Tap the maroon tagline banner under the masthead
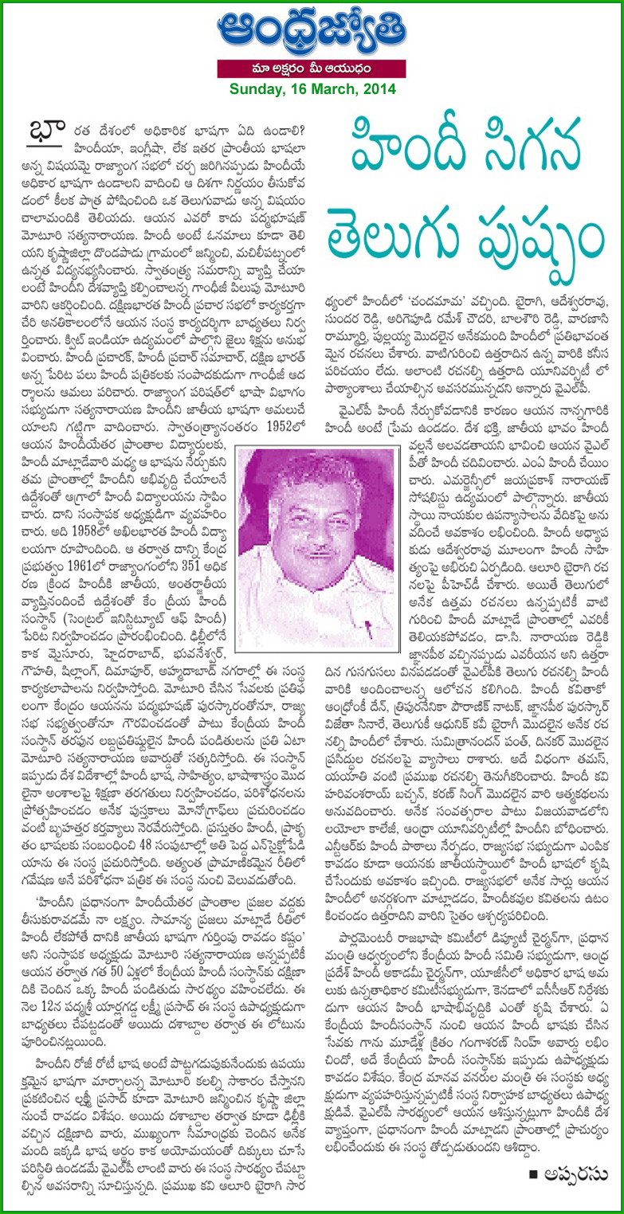(312, 71)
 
